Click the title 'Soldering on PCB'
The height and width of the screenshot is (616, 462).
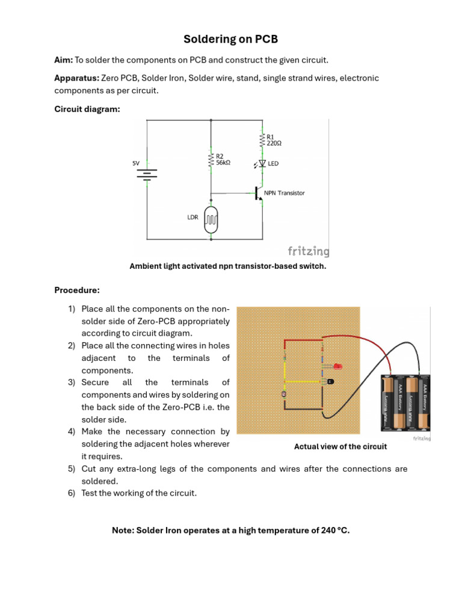tap(231, 40)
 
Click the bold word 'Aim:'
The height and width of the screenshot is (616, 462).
tap(64, 60)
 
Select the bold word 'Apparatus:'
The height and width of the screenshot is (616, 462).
tap(76, 78)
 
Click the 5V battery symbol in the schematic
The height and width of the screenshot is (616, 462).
tap(147, 174)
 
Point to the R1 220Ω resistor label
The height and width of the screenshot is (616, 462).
tap(274, 140)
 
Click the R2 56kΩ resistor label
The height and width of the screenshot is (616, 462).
tap(223, 159)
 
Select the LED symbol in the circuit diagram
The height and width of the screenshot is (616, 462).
tap(262, 164)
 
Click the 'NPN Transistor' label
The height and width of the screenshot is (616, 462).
tap(284, 193)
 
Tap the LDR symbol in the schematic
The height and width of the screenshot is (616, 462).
tap(211, 220)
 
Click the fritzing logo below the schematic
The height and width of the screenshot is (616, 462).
tap(308, 250)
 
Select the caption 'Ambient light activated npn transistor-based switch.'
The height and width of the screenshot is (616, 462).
tap(228, 266)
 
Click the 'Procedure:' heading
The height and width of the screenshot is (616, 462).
tap(77, 290)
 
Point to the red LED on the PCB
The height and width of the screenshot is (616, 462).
tap(337, 366)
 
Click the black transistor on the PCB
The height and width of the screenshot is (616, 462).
tap(330, 382)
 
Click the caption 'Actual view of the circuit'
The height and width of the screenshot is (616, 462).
tap(340, 446)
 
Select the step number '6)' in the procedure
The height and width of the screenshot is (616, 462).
tap(71, 493)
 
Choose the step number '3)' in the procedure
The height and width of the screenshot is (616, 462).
tap(71, 383)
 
